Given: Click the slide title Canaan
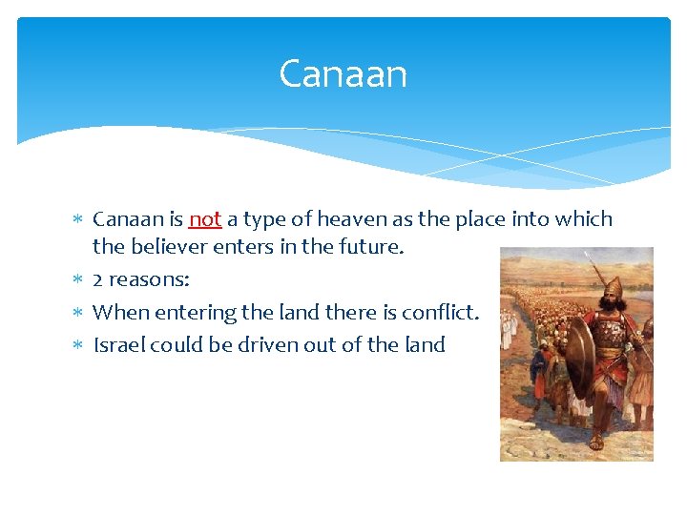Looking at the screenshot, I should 343,74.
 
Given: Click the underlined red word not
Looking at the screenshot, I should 205,219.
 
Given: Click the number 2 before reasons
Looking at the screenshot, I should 98,280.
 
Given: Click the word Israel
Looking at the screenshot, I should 118,344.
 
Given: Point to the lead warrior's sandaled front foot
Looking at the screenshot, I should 597,442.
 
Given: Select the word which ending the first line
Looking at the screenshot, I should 584,219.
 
